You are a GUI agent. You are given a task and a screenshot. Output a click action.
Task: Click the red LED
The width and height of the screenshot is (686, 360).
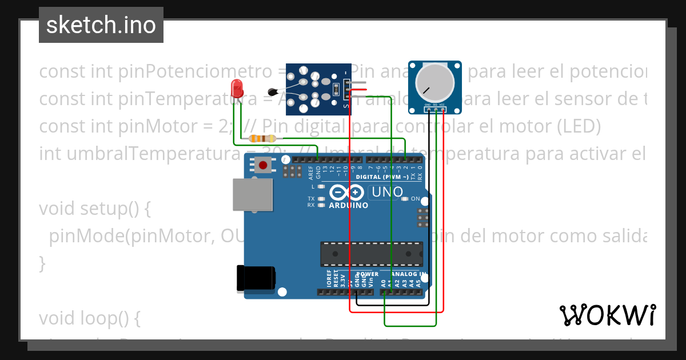coord(236,89)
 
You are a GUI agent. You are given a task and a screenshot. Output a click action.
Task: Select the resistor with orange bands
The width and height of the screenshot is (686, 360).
coord(263,138)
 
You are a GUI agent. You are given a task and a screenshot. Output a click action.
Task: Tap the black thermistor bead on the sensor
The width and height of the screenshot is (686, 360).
coord(273,91)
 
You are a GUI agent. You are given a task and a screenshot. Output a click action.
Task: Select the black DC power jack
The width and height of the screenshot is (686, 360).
coord(256,278)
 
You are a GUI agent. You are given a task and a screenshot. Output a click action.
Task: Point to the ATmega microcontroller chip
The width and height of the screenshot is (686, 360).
coord(372,254)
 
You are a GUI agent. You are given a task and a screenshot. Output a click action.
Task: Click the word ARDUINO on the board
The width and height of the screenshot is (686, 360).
coord(349,205)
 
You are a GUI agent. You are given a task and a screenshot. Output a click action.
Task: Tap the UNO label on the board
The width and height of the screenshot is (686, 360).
coord(387,193)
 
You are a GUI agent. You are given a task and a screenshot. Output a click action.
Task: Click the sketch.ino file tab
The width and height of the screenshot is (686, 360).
coord(101,25)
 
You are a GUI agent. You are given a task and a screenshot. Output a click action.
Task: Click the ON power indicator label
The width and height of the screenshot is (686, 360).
coord(416,199)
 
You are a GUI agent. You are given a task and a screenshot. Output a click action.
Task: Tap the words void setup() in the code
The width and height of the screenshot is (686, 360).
coord(95,209)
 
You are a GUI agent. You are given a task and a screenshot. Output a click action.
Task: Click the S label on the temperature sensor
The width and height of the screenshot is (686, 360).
coord(345,105)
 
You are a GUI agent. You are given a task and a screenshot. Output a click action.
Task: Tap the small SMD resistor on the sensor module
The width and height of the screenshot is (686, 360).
coord(337,89)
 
